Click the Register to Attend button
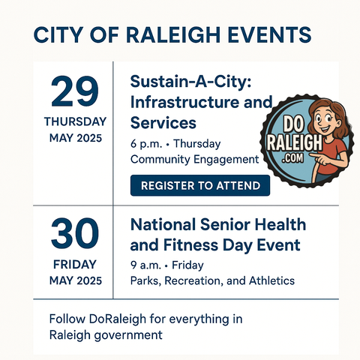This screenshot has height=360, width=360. (x=200, y=185)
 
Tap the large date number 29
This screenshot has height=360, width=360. (x=75, y=91)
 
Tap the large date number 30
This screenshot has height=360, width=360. (x=75, y=233)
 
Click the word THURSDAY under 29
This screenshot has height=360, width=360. (x=75, y=121)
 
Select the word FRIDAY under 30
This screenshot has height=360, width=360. (x=75, y=265)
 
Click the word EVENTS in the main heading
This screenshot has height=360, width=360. (x=269, y=34)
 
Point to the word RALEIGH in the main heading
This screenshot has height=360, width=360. (x=173, y=34)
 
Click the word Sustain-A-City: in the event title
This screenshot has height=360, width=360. (x=190, y=82)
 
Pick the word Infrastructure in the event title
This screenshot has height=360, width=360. (x=184, y=102)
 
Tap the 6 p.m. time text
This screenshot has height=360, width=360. (x=146, y=144)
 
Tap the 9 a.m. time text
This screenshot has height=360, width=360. (x=145, y=265)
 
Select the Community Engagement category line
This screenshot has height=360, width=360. (x=194, y=160)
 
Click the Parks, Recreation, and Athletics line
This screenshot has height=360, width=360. (x=212, y=280)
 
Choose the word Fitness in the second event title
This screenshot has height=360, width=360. (x=190, y=245)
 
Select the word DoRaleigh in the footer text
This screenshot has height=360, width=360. (x=118, y=319)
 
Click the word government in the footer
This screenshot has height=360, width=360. (x=129, y=335)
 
